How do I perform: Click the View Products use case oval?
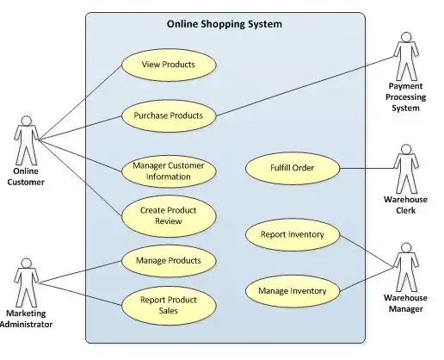169,65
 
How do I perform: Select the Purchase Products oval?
169,115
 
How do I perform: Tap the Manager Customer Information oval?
169,171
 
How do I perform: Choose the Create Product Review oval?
169,216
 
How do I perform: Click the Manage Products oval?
169,260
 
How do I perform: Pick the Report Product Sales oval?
169,305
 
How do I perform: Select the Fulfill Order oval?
293,168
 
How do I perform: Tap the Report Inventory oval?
293,233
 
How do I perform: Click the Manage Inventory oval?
293,291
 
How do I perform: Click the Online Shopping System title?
224,24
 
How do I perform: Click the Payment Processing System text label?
404,97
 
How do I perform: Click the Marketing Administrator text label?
27,320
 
